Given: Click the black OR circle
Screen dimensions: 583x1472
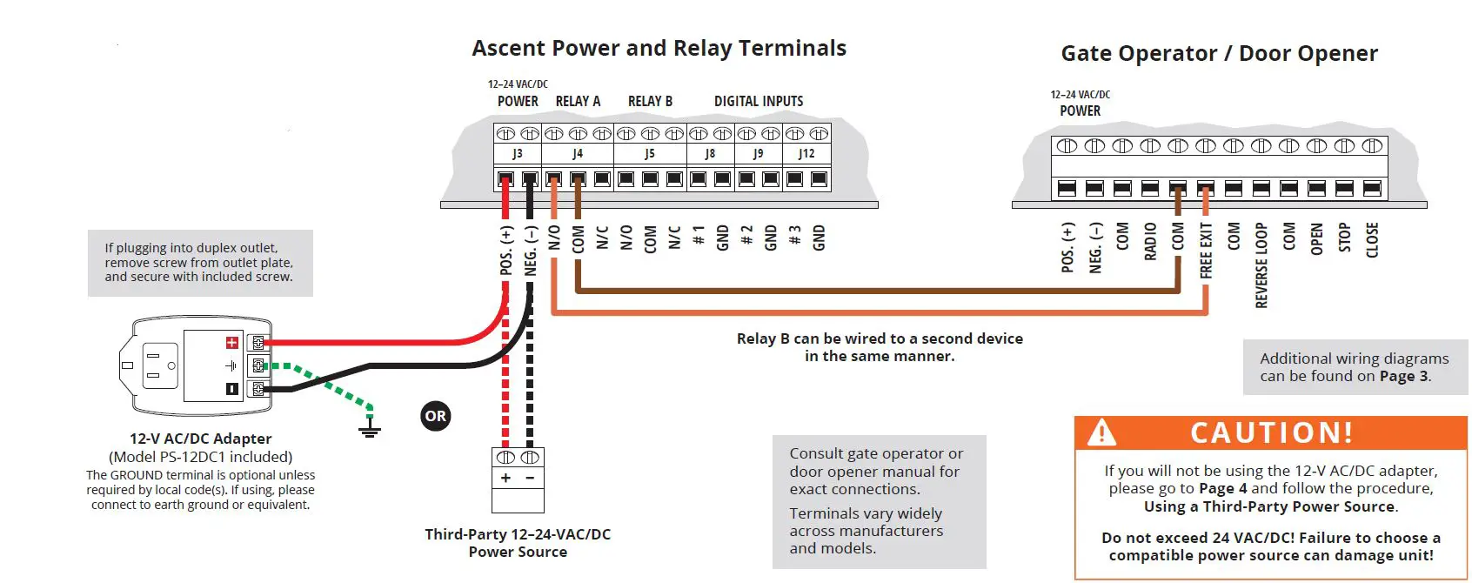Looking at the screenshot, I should (436, 416).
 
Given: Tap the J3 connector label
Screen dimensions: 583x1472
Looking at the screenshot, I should (518, 153).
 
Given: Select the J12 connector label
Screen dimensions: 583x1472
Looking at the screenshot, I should (806, 153).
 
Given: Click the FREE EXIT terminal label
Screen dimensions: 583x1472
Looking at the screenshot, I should (1206, 251).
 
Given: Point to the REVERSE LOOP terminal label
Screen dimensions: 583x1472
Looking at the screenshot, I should (1261, 265).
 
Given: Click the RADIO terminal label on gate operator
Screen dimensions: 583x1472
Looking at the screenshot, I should (1150, 241).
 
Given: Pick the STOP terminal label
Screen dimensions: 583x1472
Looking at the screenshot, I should (1344, 238).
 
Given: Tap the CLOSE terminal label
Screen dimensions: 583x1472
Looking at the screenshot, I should (1372, 240).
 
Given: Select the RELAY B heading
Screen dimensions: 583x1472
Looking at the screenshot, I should (650, 101).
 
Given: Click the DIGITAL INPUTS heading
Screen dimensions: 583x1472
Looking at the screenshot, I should (759, 101).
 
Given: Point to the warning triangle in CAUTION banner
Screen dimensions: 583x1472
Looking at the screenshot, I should (1101, 432).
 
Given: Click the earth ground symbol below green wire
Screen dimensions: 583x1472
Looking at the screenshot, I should (370, 429).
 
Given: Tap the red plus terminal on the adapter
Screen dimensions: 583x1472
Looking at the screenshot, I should (232, 343).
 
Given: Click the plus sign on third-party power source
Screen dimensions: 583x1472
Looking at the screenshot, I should (505, 478).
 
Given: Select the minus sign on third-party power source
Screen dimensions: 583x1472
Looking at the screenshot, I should (530, 478).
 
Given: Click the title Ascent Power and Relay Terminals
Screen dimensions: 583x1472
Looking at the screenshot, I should (659, 48).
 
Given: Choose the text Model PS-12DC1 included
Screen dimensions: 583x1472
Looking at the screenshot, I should (200, 457).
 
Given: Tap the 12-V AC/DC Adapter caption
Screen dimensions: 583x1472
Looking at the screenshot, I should (200, 439).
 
